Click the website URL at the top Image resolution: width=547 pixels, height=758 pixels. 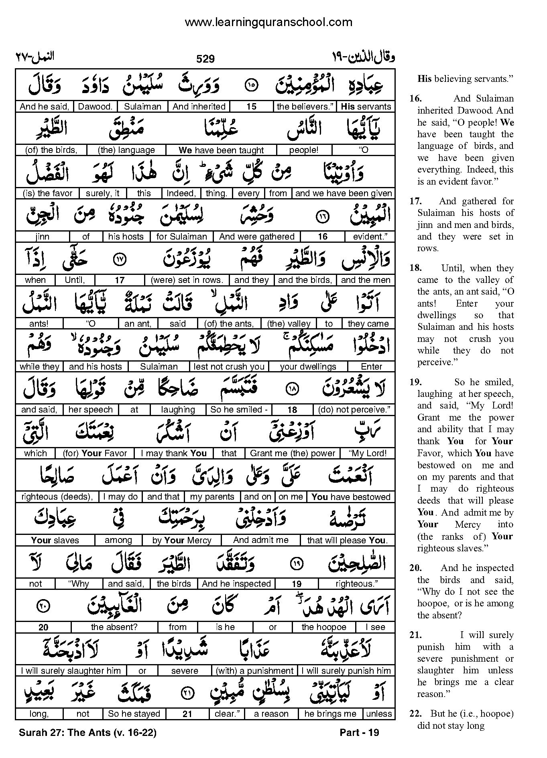pyautogui.click(x=268, y=22)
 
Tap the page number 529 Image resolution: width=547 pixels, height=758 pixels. pyautogui.click(x=205, y=59)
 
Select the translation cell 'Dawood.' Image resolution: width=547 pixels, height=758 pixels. pyautogui.click(x=96, y=107)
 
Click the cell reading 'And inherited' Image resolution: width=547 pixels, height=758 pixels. pyautogui.click(x=199, y=107)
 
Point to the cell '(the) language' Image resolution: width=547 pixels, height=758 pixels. pyautogui.click(x=126, y=150)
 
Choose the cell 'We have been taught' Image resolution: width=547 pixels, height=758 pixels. pyautogui.click(x=221, y=150)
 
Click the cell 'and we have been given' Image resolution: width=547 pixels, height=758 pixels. pyautogui.click(x=344, y=193)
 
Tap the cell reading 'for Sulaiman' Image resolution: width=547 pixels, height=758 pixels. pyautogui.click(x=181, y=237)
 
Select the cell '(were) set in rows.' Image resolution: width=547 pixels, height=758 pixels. pyautogui.click(x=187, y=280)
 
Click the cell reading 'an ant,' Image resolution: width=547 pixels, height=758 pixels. pyautogui.click(x=138, y=323)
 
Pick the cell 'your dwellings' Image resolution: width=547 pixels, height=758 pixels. pyautogui.click(x=308, y=367)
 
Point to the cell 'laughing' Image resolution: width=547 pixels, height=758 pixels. pyautogui.click(x=178, y=410)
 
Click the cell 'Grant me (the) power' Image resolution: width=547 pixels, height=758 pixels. pyautogui.click(x=293, y=453)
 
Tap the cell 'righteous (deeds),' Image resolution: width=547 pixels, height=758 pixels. pyautogui.click(x=57, y=497)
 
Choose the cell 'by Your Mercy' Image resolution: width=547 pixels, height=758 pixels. pyautogui.click(x=182, y=541)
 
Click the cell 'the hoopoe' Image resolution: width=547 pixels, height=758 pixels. pyautogui.click(x=324, y=627)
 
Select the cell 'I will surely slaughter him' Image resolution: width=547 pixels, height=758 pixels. pyautogui.click(x=71, y=671)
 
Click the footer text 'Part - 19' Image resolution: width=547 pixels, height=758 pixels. pyautogui.click(x=359, y=733)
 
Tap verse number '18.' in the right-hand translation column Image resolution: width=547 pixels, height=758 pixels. pyautogui.click(x=415, y=268)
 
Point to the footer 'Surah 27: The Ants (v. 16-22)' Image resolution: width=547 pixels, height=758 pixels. pyautogui.click(x=87, y=733)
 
